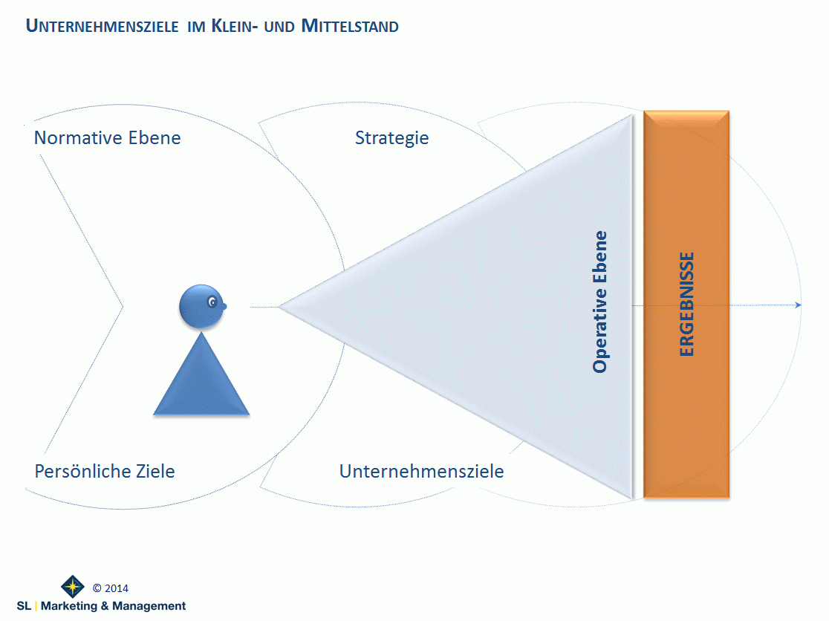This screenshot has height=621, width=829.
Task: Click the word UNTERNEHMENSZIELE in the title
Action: (102, 27)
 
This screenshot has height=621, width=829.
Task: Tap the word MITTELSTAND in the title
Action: (350, 27)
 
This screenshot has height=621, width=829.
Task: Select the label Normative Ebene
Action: (107, 138)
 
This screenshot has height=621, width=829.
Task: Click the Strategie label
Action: (391, 138)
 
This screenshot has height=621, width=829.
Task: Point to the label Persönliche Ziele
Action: (105, 471)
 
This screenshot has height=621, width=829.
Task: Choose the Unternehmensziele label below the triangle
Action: (421, 471)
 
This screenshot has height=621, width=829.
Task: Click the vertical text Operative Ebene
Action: (600, 302)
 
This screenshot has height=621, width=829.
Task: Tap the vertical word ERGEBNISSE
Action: (687, 305)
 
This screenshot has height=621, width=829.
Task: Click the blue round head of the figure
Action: (200, 305)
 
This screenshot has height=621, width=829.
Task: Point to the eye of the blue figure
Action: (214, 302)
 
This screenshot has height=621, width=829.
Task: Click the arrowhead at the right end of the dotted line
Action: (798, 305)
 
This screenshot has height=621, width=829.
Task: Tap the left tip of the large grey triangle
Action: (281, 306)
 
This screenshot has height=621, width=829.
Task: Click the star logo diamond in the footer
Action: (73, 587)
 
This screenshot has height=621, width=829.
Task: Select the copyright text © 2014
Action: (111, 588)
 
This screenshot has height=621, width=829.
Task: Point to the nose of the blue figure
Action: (224, 306)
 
